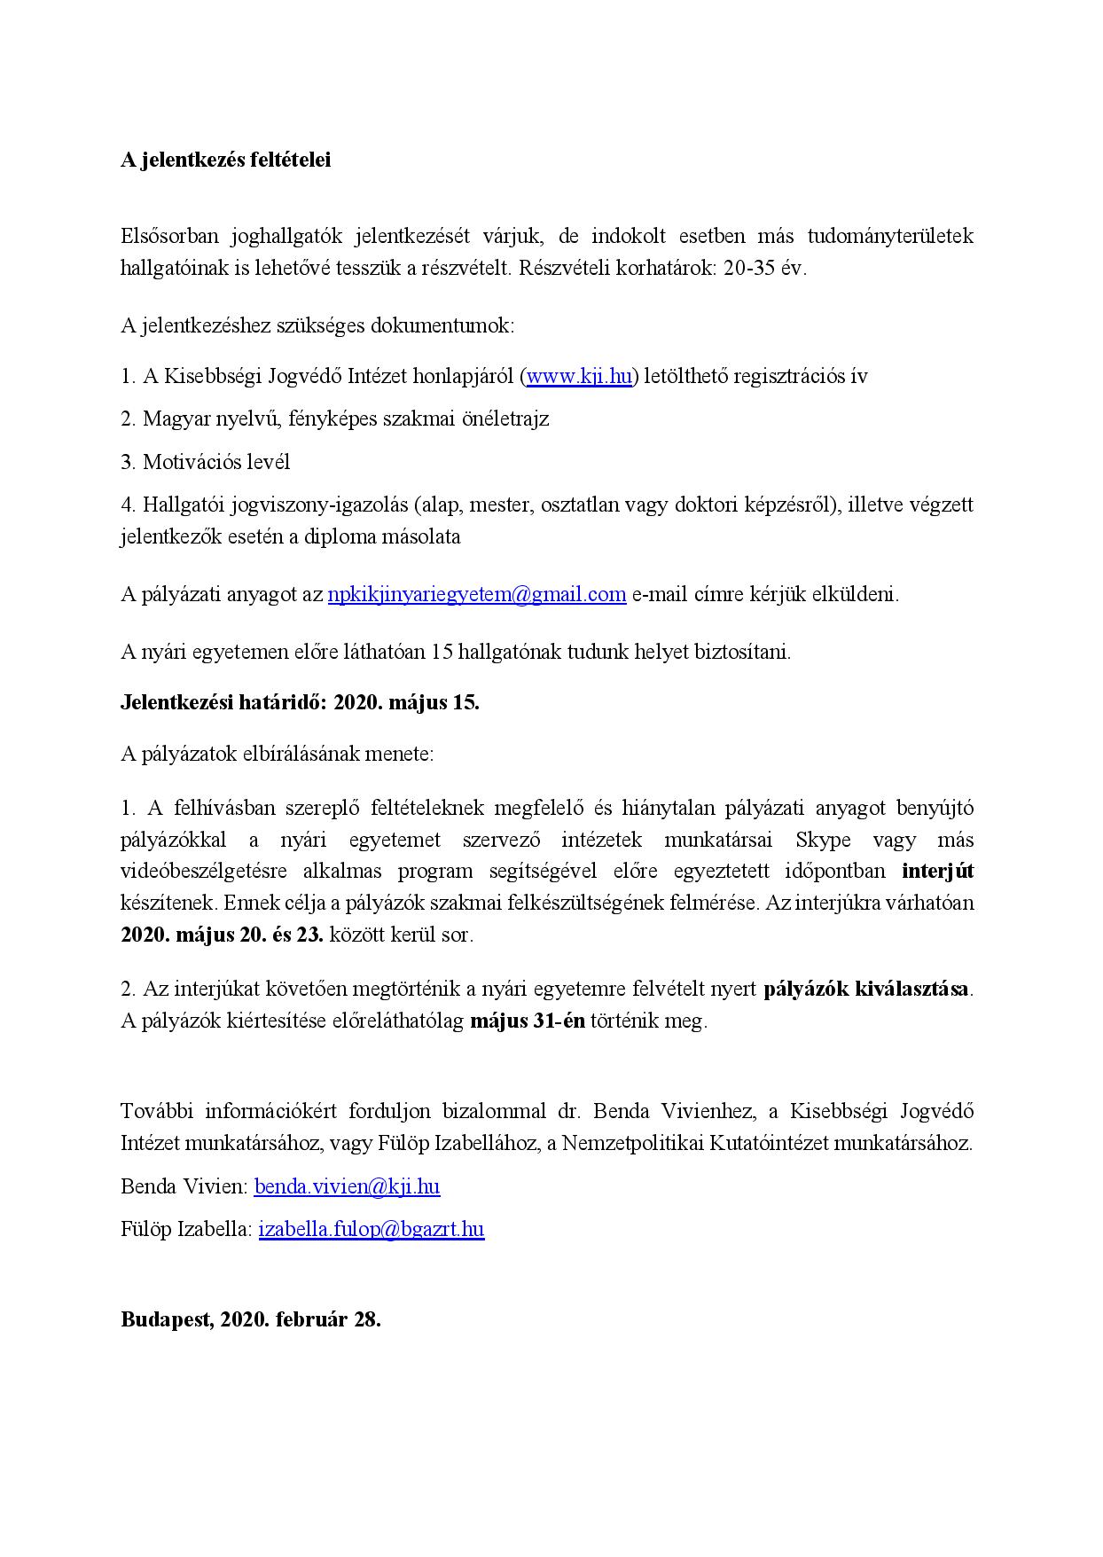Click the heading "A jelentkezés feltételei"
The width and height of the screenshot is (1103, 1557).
tap(225, 160)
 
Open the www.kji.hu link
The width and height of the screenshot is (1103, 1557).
tap(579, 376)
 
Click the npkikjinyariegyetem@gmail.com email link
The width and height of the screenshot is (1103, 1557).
tap(477, 594)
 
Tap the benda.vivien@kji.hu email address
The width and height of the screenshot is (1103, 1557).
tap(347, 1186)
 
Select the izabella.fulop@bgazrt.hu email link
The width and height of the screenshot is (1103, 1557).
tap(372, 1229)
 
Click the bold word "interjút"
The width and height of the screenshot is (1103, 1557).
tap(937, 871)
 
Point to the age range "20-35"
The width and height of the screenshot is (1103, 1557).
tap(749, 269)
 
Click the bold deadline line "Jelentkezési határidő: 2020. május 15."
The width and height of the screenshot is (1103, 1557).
tap(300, 703)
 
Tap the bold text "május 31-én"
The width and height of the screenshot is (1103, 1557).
tap(527, 1021)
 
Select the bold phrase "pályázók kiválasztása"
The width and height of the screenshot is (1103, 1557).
tap(866, 989)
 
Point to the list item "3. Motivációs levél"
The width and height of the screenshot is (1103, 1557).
tap(205, 462)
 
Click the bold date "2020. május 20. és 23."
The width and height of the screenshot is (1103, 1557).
tap(222, 935)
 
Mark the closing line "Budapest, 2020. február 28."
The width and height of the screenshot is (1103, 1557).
tap(251, 1318)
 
